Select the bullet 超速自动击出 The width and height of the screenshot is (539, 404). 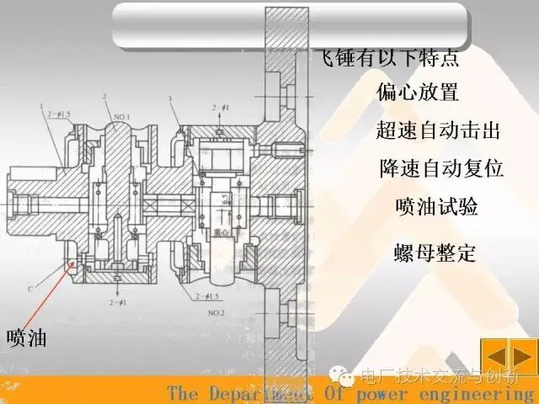tap(438, 131)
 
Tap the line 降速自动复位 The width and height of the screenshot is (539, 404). tap(440, 168)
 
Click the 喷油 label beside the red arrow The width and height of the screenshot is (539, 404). tap(26, 338)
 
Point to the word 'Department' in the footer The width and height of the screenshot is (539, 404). tap(253, 394)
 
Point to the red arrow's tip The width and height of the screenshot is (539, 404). tap(77, 263)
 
